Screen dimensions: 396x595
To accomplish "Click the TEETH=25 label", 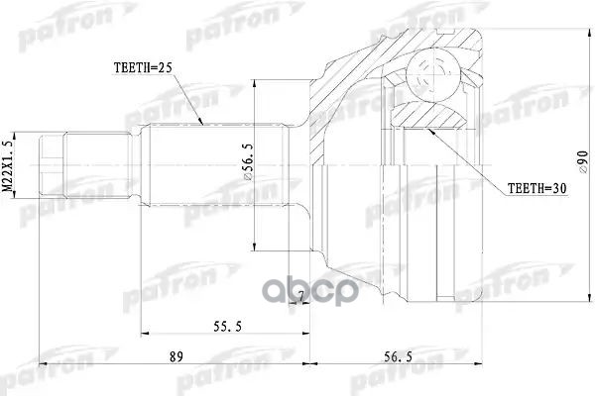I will pyautogui.click(x=144, y=68).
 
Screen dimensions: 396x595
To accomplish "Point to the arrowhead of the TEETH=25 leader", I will pyautogui.click(x=202, y=126).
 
